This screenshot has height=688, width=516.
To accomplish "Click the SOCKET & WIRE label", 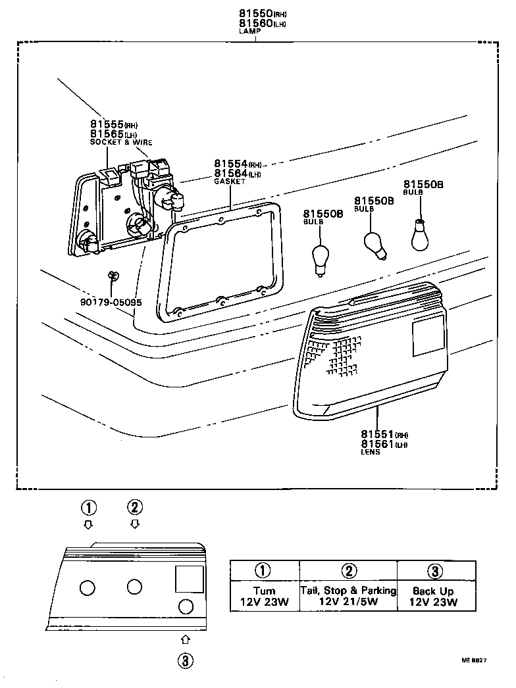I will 120,142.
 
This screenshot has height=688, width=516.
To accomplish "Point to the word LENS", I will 370,453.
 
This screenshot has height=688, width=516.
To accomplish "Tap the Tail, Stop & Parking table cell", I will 348,596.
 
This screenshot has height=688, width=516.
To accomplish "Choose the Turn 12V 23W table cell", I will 265,596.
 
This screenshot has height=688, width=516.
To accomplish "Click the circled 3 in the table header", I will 436,571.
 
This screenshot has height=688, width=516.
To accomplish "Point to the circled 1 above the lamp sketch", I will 89,507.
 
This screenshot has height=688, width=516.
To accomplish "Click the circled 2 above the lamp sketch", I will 134,506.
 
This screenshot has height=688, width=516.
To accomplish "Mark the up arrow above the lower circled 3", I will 186,639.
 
